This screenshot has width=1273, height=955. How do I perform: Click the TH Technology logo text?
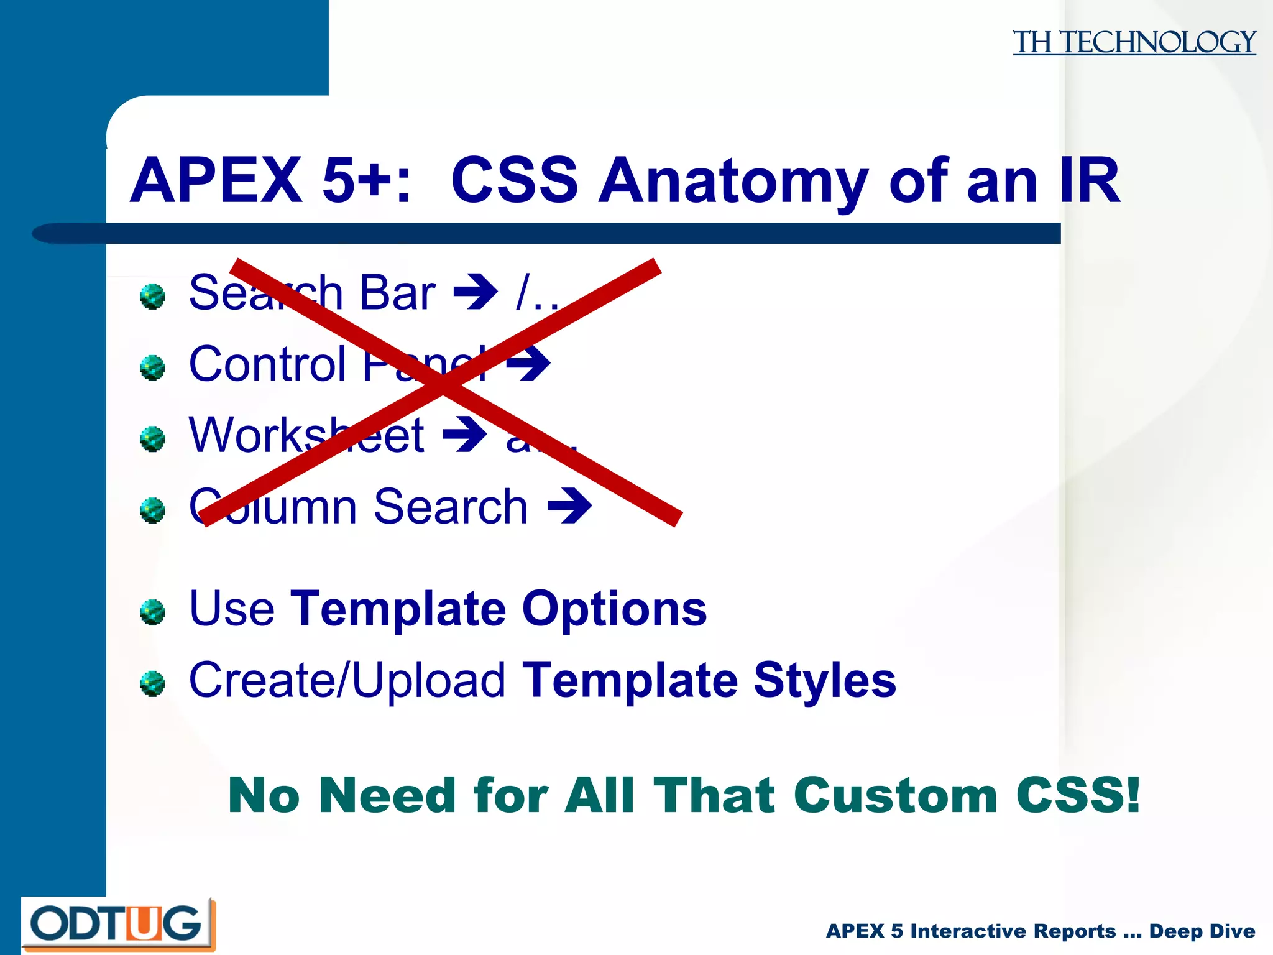(x=1134, y=42)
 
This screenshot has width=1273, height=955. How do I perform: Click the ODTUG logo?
(x=117, y=924)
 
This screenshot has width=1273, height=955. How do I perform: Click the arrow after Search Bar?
(x=476, y=292)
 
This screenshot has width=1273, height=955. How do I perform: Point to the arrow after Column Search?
(x=569, y=506)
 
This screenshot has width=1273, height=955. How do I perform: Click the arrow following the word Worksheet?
(x=464, y=435)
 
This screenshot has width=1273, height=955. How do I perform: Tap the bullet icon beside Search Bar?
(x=152, y=296)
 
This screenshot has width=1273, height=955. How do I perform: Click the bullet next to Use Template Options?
(x=152, y=612)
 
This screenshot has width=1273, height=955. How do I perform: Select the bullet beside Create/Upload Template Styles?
(x=152, y=683)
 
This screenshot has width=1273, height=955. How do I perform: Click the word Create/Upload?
(x=347, y=680)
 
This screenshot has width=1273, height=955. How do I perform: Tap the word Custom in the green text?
(x=895, y=795)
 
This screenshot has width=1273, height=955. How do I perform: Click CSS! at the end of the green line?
(x=1078, y=795)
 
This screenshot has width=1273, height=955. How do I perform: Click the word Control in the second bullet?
(x=267, y=364)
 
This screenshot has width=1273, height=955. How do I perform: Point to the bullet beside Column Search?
(x=152, y=510)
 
